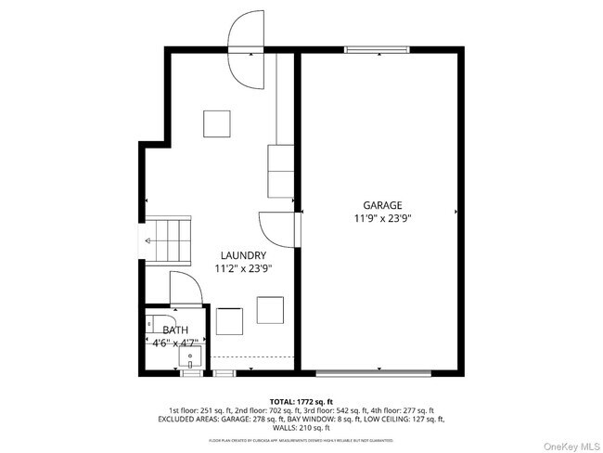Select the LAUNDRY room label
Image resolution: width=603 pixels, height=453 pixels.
point(244,255)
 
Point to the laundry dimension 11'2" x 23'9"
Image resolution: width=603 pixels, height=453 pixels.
point(243,269)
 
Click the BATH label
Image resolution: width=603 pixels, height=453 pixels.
point(174,330)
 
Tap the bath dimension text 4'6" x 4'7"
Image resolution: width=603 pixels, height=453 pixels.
point(174,343)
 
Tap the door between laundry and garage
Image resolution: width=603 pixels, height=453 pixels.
point(277,227)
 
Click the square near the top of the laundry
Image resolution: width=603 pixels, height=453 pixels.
point(217,123)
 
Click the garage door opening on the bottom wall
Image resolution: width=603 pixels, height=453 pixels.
point(374,374)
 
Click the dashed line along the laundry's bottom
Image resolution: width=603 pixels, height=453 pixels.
point(252,356)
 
